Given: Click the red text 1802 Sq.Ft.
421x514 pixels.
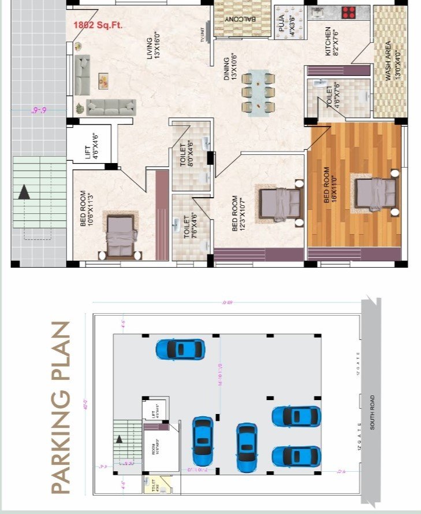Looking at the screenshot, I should pyautogui.click(x=98, y=25).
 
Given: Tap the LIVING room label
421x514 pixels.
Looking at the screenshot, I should pyautogui.click(x=153, y=50).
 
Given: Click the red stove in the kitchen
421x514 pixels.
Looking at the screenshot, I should pyautogui.click(x=348, y=13).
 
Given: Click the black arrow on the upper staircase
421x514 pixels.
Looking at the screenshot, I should pyautogui.click(x=24, y=191).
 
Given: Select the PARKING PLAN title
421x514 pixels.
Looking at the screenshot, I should pyautogui.click(x=61, y=408).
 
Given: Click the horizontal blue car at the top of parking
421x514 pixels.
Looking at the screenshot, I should pyautogui.click(x=180, y=349).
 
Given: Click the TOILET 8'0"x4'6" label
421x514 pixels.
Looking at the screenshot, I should pyautogui.click(x=186, y=155).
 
